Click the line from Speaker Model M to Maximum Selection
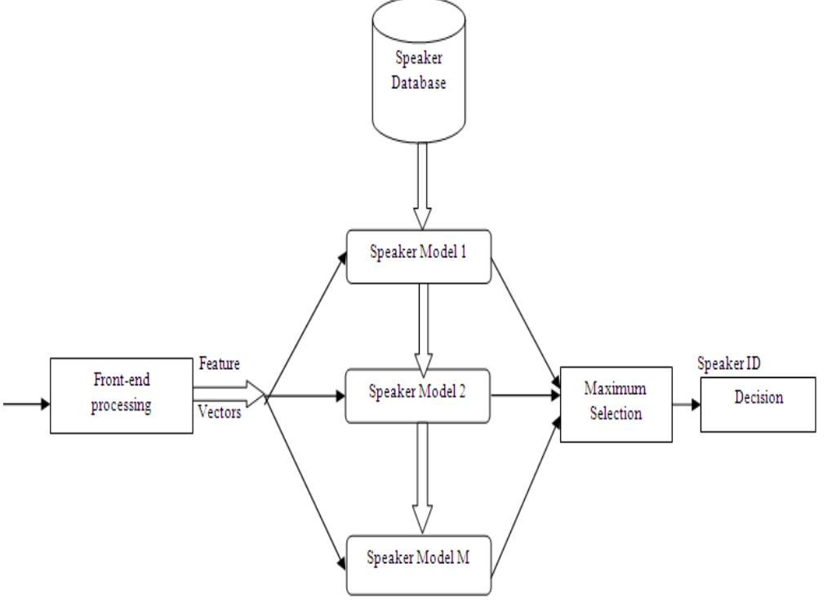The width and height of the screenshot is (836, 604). click(x=527, y=490)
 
